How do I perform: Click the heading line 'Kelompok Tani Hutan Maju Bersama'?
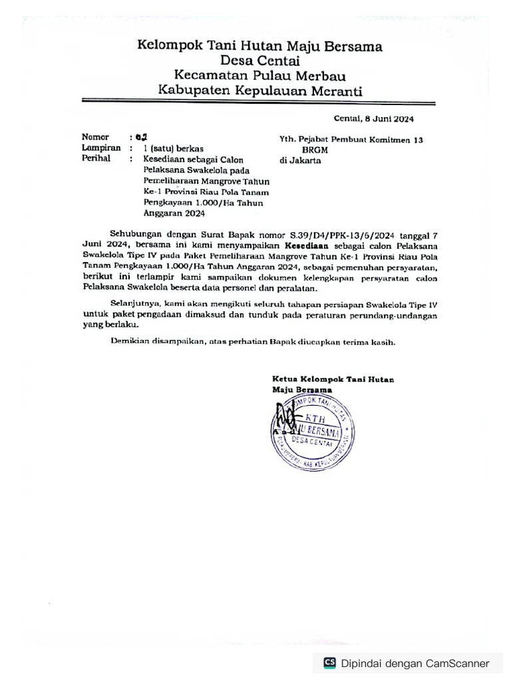[259, 46]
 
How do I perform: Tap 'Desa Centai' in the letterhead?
[259, 61]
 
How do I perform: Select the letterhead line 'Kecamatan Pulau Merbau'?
[259, 76]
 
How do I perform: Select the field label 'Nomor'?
[95, 137]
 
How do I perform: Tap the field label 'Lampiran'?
[101, 148]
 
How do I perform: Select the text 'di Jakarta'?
[301, 161]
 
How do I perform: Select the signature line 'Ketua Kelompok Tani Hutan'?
[333, 379]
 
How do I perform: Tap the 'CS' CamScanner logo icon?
[329, 663]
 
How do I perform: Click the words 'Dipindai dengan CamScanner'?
[415, 663]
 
